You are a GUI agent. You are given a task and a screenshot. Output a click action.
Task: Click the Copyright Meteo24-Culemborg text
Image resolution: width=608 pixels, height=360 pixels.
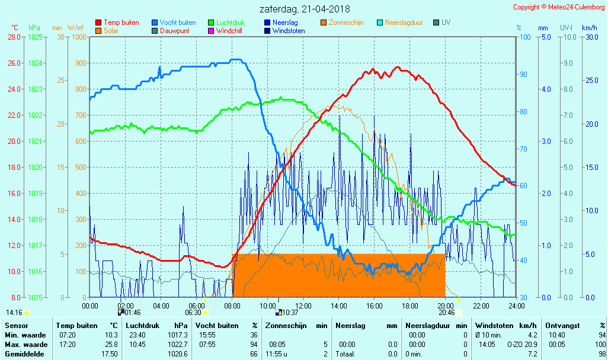[x=559, y=7]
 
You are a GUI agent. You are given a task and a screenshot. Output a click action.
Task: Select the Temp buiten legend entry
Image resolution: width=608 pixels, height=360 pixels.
[x=121, y=22]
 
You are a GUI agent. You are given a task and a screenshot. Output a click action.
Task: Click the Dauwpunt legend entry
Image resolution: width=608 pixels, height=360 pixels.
[x=175, y=31]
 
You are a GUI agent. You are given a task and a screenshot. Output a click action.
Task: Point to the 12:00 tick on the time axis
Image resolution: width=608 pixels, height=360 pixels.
[x=303, y=306]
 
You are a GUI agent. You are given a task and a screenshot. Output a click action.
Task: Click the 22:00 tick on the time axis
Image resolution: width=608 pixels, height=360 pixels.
[x=481, y=306]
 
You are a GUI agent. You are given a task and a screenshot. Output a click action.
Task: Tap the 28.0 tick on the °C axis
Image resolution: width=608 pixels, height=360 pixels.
[x=14, y=37]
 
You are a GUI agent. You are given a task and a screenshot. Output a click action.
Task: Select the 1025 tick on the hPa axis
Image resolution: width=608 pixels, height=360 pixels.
[x=36, y=37]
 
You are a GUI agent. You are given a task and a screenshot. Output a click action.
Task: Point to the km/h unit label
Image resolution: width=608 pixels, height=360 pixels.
[x=589, y=28]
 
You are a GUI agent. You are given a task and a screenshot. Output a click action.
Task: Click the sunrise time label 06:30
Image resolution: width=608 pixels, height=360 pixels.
[x=193, y=313]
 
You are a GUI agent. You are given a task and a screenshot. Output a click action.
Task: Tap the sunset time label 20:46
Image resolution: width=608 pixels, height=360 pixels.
[x=447, y=313]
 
